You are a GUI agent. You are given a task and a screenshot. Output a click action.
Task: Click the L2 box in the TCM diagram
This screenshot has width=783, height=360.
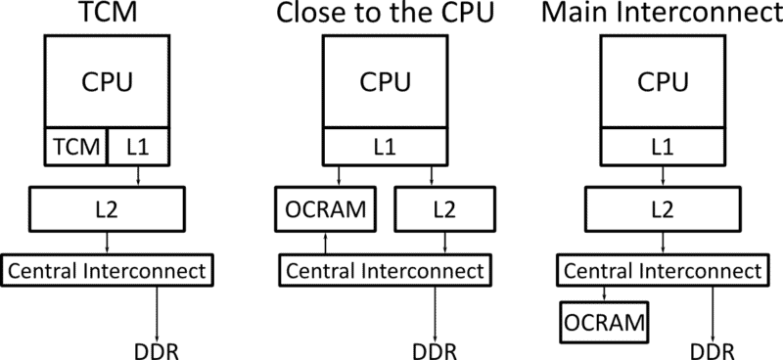click(x=108, y=206)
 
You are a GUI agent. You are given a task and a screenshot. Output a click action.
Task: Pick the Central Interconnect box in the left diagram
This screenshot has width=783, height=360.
click(x=108, y=268)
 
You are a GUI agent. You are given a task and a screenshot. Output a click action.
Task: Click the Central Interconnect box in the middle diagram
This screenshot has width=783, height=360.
click(x=384, y=268)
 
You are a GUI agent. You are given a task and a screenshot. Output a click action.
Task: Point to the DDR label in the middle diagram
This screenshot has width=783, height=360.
click(x=431, y=346)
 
